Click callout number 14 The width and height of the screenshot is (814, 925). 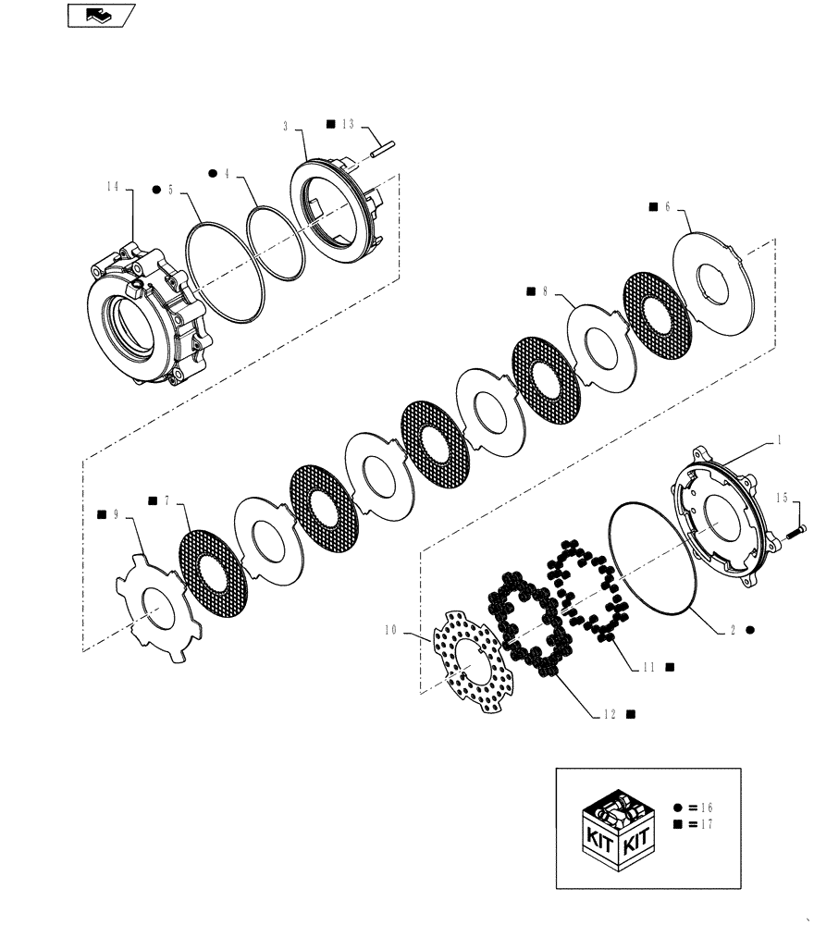[112, 187]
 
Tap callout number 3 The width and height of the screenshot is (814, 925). [286, 124]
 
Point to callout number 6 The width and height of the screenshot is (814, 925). [666, 208]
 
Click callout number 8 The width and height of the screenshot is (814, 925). [545, 290]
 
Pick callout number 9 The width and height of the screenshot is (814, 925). [116, 513]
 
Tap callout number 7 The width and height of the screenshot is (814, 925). [166, 501]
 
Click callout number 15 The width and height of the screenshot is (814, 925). [783, 499]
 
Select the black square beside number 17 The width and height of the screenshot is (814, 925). [678, 823]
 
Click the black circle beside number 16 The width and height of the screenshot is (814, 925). [678, 807]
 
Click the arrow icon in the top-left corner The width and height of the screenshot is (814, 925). [101, 14]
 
